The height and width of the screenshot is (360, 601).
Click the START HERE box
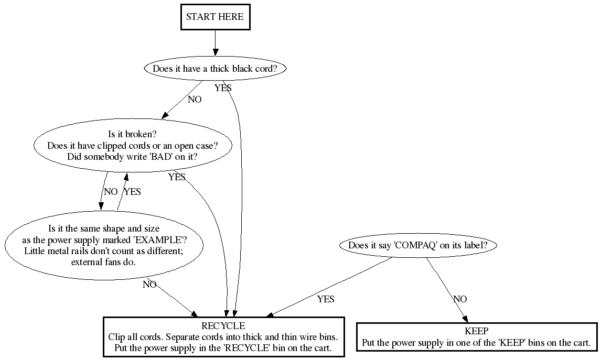[214, 17]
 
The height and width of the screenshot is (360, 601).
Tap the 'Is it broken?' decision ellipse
[133, 146]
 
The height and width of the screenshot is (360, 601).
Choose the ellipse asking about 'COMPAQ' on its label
[418, 245]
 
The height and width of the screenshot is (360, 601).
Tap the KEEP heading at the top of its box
[476, 331]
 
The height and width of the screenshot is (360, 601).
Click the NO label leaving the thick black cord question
[195, 100]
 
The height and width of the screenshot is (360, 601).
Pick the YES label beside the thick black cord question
[223, 88]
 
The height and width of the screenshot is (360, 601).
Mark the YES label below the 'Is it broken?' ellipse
[177, 177]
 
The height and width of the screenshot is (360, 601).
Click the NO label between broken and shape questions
[111, 192]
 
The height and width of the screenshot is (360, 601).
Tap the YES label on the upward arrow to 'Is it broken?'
[132, 192]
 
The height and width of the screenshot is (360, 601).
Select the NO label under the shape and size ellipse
[149, 285]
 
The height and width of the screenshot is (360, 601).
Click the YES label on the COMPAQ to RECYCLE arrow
[326, 299]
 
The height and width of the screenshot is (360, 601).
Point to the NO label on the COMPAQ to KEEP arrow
[460, 299]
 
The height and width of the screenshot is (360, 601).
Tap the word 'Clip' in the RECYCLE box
[116, 337]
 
